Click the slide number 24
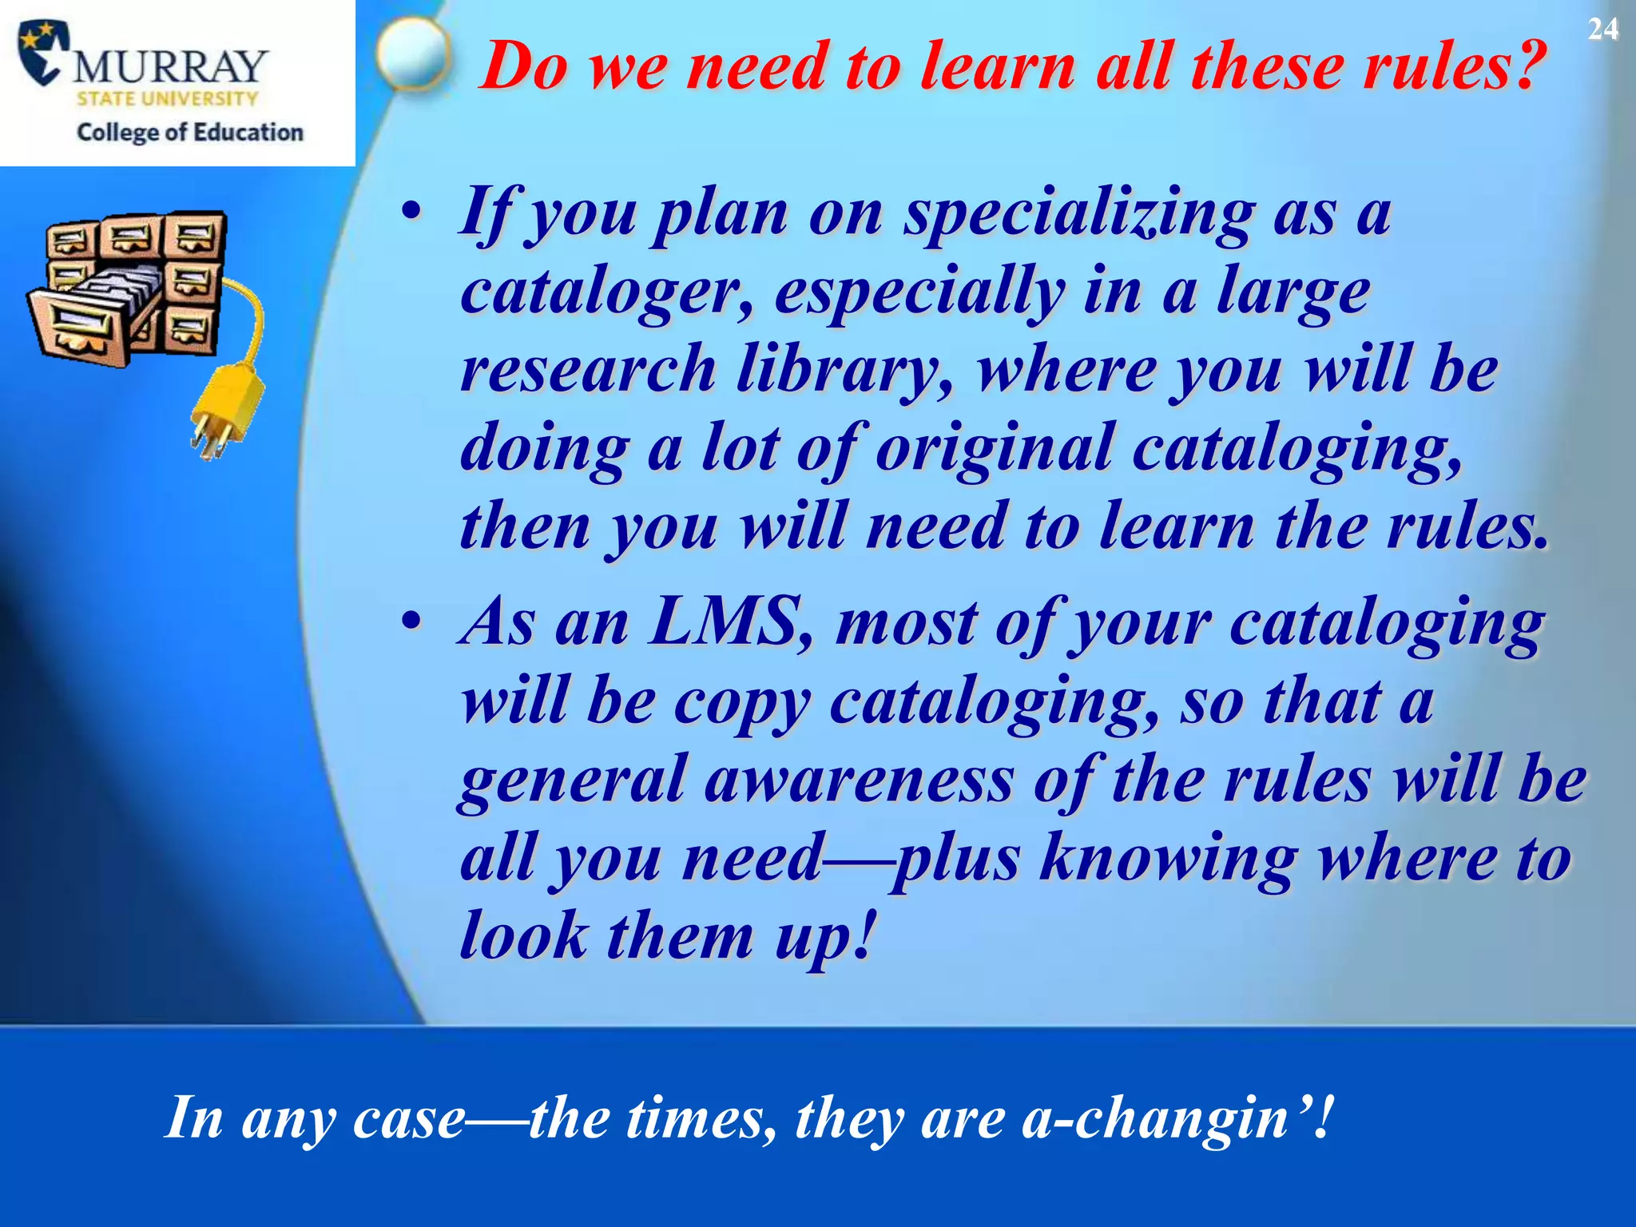pyautogui.click(x=1602, y=30)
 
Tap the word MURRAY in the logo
pyautogui.click(x=170, y=66)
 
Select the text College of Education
pyautogui.click(x=190, y=132)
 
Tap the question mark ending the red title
pyautogui.click(x=1523, y=66)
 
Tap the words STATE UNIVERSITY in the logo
pyautogui.click(x=167, y=99)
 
